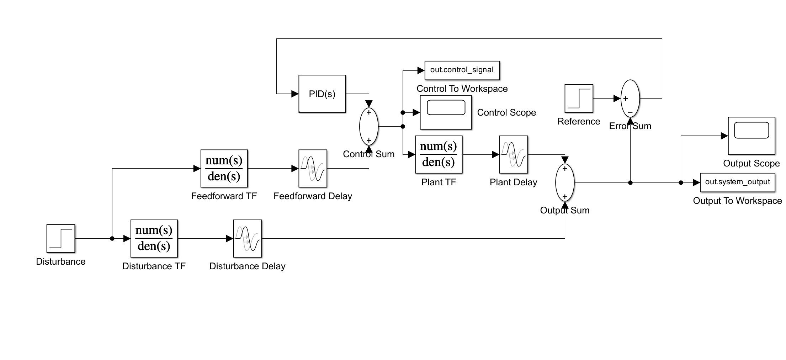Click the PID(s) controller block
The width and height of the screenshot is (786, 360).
[322, 94]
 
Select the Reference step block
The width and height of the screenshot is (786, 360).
[579, 99]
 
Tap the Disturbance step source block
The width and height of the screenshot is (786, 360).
[61, 238]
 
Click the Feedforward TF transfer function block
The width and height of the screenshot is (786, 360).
[224, 168]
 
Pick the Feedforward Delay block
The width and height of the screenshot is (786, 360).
[313, 168]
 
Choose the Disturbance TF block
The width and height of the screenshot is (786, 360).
[154, 238]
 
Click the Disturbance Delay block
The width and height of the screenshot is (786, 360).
[248, 238]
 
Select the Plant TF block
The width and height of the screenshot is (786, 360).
[439, 154]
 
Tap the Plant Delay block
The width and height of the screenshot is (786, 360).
[513, 154]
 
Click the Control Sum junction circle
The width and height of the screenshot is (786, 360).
[369, 126]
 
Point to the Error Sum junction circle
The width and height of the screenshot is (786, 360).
[630, 99]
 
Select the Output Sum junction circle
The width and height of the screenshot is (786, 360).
[565, 182]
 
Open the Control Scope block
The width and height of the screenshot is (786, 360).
[446, 112]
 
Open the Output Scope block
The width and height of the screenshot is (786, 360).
[752, 136]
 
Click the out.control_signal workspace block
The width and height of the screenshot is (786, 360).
[462, 70]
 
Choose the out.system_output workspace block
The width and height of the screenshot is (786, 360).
[737, 182]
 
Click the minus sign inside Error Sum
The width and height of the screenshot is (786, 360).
[630, 112]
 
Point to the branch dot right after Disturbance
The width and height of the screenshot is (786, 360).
[112, 239]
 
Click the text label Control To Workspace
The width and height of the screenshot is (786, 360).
[462, 89]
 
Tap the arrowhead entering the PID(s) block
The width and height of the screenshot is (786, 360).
[295, 94]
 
